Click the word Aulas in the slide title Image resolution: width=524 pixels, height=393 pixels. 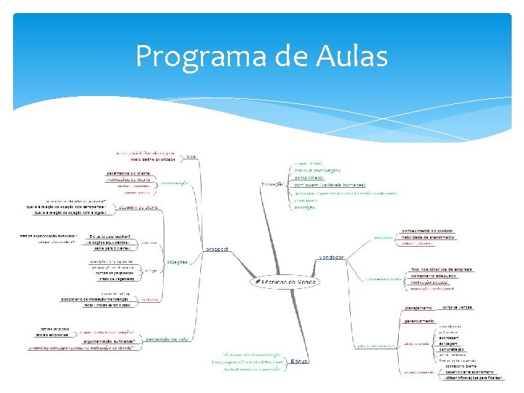[350, 57]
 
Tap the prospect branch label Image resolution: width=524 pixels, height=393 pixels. [216, 249]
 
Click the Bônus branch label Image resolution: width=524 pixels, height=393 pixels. [300, 362]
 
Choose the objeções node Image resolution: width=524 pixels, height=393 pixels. [177, 261]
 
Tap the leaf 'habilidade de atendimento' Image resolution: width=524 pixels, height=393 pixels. [429, 237]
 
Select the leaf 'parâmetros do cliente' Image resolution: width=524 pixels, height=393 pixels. [128, 172]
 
